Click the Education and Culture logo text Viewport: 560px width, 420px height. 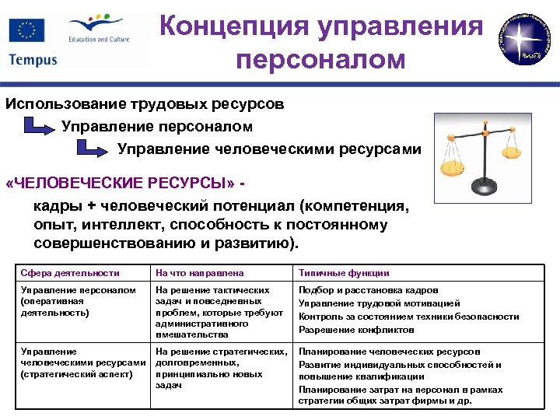point(99,38)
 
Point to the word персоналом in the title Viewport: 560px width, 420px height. point(320,59)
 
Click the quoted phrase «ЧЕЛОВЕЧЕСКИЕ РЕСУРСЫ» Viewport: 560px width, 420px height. point(121,184)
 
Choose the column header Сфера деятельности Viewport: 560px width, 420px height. point(71,273)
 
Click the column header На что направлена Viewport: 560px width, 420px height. point(200,273)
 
